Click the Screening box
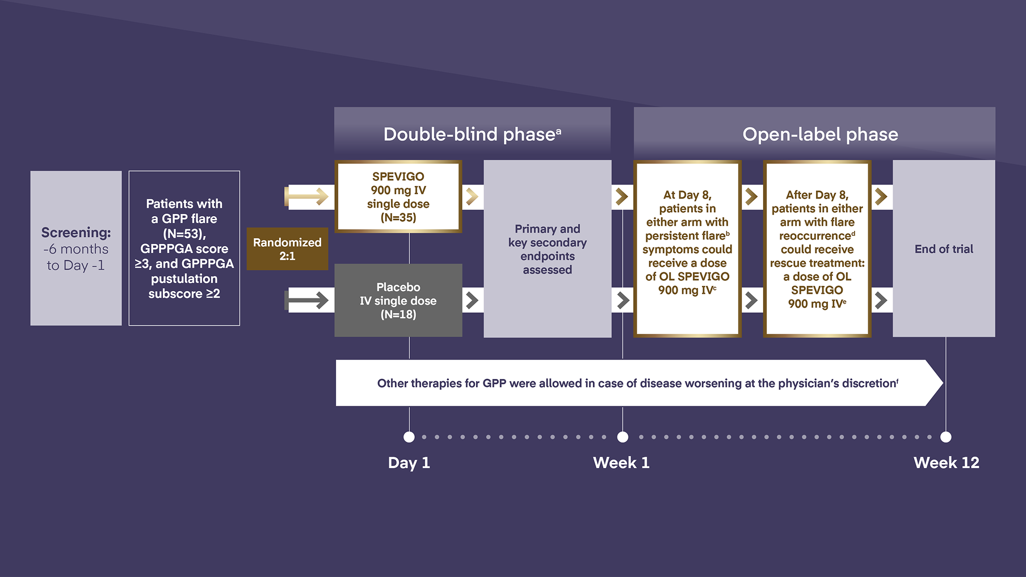click(x=76, y=249)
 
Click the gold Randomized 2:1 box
click(x=287, y=249)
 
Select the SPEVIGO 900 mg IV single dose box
click(x=398, y=197)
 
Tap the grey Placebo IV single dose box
click(x=398, y=300)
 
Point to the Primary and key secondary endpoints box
click(x=547, y=249)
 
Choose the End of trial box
click(x=944, y=249)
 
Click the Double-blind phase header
click(x=472, y=134)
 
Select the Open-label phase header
click(x=820, y=134)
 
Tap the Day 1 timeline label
click(x=409, y=463)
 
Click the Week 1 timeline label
click(x=621, y=463)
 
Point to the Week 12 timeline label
click(x=946, y=463)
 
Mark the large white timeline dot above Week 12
click(x=945, y=437)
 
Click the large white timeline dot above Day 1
click(x=409, y=437)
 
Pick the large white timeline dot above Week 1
click(x=623, y=437)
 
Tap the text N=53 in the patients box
click(x=184, y=234)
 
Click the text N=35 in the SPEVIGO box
click(x=398, y=218)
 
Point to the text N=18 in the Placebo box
click(x=398, y=314)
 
